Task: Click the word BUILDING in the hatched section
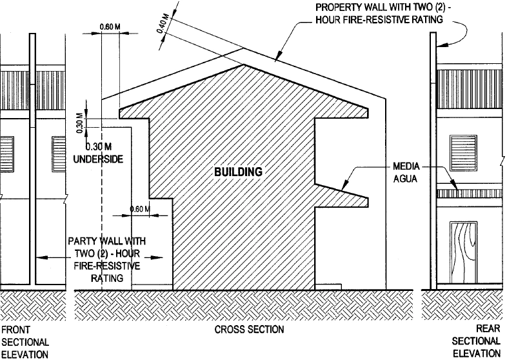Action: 239,172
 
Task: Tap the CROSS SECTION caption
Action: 249,330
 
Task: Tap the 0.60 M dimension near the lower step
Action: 139,209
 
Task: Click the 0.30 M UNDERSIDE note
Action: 98,153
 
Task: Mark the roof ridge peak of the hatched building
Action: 243,64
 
